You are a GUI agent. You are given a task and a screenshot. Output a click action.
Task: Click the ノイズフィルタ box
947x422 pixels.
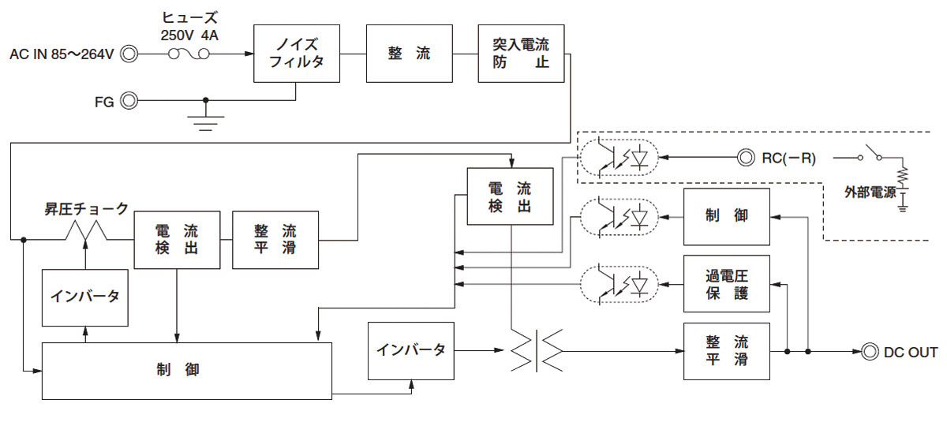pos(296,53)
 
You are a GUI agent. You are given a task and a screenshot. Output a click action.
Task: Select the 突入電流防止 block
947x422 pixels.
pos(521,53)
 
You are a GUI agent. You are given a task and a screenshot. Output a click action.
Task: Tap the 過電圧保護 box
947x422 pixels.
pos(726,285)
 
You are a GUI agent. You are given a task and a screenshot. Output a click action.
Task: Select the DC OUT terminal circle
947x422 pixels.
pos(870,352)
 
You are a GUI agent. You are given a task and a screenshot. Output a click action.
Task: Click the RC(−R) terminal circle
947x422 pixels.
pos(745,158)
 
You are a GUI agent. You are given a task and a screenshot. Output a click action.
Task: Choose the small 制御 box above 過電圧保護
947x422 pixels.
pos(726,216)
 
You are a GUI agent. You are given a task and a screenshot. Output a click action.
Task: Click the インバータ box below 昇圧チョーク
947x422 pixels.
pos(85,297)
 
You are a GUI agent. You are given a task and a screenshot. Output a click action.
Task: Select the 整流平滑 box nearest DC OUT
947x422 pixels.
pos(726,352)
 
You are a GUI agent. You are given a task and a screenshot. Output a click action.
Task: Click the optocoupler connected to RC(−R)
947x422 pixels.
pos(619,158)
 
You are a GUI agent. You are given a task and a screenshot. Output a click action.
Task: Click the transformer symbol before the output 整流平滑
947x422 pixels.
pos(537,349)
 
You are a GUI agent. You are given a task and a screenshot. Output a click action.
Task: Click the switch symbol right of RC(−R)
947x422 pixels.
pos(872,153)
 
